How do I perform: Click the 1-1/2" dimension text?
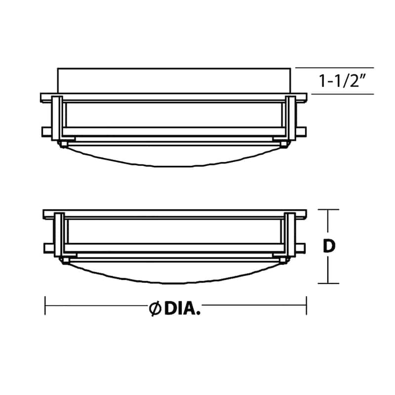click(345, 80)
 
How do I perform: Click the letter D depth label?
click(329, 246)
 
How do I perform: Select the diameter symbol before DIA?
click(155, 309)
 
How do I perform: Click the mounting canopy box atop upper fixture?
click(173, 80)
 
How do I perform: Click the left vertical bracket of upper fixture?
click(57, 118)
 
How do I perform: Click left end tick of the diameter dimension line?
click(45, 305)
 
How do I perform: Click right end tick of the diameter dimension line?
click(306, 305)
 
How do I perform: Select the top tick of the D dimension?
click(328, 210)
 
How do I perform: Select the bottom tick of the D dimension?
click(328, 283)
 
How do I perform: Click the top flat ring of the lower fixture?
click(173, 214)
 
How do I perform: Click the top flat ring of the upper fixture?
click(173, 97)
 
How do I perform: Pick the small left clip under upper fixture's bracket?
click(63, 144)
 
